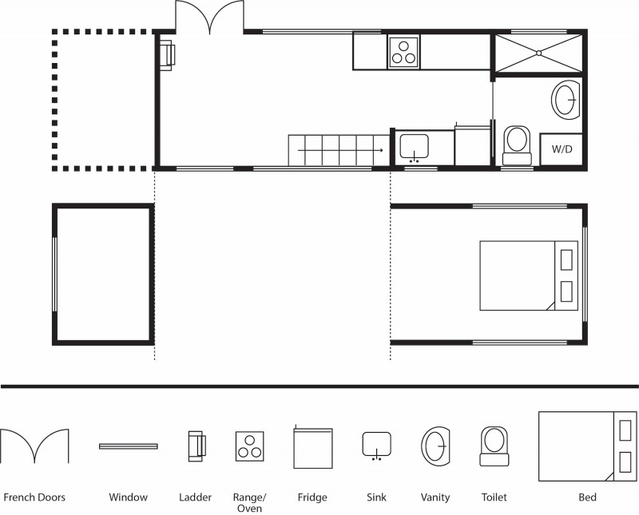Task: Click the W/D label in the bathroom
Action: click(562, 149)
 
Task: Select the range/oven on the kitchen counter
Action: click(403, 52)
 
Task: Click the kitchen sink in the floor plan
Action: click(414, 149)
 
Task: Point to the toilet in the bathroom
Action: click(517, 145)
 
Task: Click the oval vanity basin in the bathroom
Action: click(566, 100)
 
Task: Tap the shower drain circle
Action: click(538, 53)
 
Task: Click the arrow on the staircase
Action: click(341, 150)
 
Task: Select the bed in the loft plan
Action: click(529, 275)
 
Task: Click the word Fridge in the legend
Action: click(312, 497)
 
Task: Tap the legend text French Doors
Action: click(34, 497)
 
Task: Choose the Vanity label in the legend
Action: click(435, 497)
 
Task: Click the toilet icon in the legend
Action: click(494, 446)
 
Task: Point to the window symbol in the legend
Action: click(129, 446)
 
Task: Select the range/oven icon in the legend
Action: click(250, 446)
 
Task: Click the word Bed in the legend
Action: click(587, 497)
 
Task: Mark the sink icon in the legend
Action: click(377, 446)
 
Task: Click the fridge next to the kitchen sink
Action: click(473, 145)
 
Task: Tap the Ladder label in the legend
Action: click(195, 497)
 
